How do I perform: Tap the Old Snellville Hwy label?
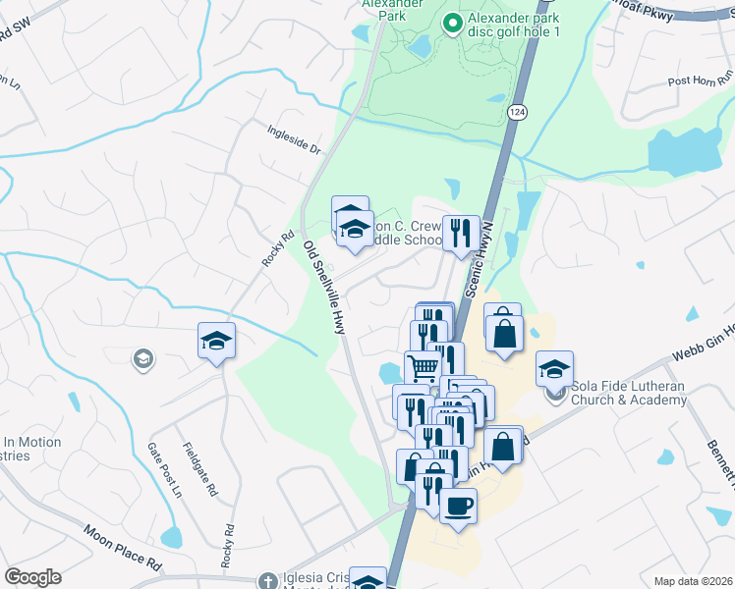click(324, 288)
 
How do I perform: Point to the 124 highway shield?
click(516, 113)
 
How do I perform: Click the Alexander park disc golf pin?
click(453, 24)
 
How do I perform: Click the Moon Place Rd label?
click(122, 549)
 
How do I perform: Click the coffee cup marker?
click(458, 507)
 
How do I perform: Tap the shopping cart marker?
click(423, 368)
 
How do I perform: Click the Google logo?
click(32, 577)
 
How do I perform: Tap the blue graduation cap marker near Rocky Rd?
click(217, 341)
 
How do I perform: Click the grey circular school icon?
click(143, 359)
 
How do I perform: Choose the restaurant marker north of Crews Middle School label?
click(460, 233)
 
